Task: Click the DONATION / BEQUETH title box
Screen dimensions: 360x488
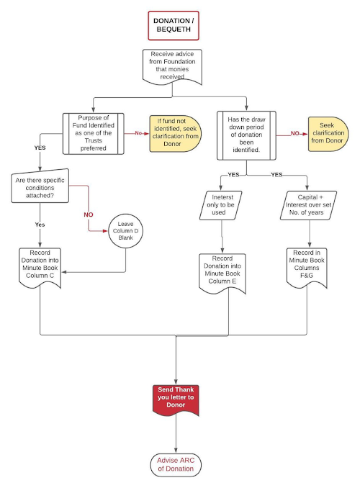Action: click(x=174, y=25)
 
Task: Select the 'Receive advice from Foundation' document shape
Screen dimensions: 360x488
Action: click(x=172, y=67)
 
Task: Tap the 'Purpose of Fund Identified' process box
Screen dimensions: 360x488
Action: click(x=94, y=133)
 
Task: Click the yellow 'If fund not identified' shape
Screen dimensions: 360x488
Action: click(x=176, y=133)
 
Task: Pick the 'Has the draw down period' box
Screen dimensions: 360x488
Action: click(x=246, y=135)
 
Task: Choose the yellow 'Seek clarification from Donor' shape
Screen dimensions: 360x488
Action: click(x=328, y=134)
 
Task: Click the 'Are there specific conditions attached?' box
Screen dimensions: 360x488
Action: click(x=40, y=186)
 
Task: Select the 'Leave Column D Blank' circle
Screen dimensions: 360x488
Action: click(x=126, y=231)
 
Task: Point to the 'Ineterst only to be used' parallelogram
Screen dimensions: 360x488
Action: click(x=220, y=205)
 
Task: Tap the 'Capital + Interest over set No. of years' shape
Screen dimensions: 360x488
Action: click(x=308, y=205)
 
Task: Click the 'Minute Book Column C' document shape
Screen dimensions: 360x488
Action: click(x=40, y=268)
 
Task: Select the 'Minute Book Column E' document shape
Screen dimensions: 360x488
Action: click(x=222, y=274)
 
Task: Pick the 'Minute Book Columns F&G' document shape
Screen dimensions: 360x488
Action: click(x=307, y=268)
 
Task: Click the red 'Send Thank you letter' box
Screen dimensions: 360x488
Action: click(x=176, y=399)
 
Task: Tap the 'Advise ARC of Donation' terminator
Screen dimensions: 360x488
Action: click(x=176, y=465)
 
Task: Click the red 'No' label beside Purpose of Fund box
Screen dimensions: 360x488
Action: click(x=138, y=133)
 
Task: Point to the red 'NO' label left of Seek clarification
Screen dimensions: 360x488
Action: click(x=295, y=133)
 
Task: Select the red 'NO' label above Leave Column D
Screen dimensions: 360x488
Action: click(x=89, y=214)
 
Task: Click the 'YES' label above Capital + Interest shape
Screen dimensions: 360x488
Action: click(x=276, y=175)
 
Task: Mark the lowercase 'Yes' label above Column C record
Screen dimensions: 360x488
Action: click(x=40, y=225)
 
